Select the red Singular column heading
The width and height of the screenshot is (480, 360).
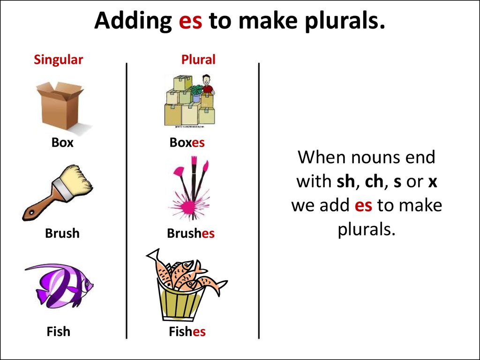click(58, 60)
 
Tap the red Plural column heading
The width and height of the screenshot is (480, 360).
click(198, 60)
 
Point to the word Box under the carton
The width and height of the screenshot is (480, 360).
click(62, 142)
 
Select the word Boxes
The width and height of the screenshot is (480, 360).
click(187, 142)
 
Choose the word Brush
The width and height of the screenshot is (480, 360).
click(62, 233)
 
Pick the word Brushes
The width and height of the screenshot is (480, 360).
click(191, 233)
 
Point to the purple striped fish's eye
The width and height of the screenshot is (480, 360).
click(87, 284)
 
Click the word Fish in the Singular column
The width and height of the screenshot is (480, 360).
click(59, 331)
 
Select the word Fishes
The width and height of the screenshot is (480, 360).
click(187, 331)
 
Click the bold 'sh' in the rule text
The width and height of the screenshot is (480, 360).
click(345, 181)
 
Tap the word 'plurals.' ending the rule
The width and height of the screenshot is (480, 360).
click(367, 229)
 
